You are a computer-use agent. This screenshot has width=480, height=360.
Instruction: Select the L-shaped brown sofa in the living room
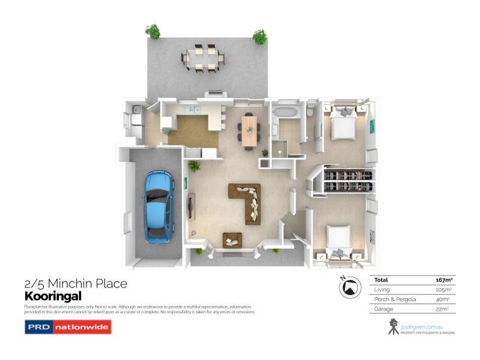[x=247, y=202]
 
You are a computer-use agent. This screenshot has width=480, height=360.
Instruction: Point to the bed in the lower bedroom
[x=338, y=242]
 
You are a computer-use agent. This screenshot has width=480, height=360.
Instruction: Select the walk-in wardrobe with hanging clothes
[x=348, y=181]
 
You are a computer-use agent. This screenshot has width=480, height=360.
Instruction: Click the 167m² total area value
[x=443, y=280]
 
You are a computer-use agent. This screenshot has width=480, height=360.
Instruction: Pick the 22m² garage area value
[x=445, y=309]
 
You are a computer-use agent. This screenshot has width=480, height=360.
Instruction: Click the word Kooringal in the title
[x=53, y=296]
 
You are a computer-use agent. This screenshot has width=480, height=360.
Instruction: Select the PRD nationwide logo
[x=68, y=327]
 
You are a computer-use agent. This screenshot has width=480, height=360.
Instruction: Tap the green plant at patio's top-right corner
[x=260, y=37]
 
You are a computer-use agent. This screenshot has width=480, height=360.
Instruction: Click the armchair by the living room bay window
[x=232, y=239]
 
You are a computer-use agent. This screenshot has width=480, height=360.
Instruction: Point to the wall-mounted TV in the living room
[x=191, y=206]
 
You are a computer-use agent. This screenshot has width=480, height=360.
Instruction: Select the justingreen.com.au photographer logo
[x=420, y=327]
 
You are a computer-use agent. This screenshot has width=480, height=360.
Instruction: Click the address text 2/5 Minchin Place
[x=76, y=283]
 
